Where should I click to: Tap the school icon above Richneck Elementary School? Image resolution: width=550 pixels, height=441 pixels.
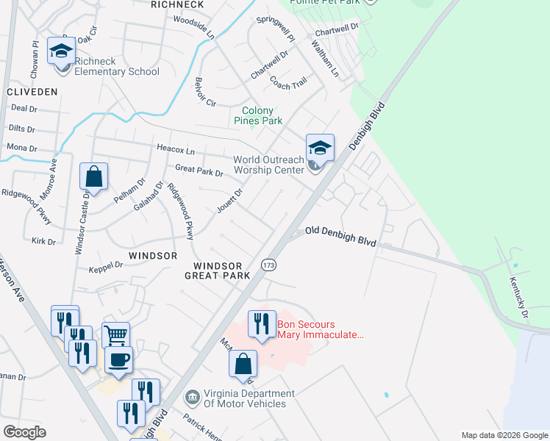61,51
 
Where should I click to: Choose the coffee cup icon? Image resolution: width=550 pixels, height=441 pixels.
118,360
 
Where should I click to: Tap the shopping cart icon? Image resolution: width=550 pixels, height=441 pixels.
115,335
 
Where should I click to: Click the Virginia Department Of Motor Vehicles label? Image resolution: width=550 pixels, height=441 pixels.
244,398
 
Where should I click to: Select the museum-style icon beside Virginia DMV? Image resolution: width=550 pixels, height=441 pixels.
193,398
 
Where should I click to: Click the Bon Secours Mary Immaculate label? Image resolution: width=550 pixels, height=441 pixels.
321,329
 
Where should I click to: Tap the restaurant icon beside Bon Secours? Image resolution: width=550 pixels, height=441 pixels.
262,323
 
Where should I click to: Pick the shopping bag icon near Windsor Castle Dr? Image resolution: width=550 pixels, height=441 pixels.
94,176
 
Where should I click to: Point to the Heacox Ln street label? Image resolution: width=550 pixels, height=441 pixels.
175,149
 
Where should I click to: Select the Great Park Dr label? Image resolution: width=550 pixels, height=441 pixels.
199,173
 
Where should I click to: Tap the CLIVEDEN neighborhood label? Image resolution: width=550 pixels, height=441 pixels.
31,92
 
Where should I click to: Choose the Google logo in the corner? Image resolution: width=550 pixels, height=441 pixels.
24,432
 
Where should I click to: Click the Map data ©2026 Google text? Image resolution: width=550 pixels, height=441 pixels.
504,435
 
